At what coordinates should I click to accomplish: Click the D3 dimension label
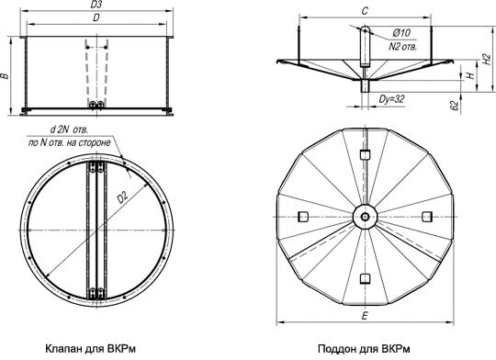(96, 5)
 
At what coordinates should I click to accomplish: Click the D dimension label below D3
(96, 18)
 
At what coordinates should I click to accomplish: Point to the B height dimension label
(5, 76)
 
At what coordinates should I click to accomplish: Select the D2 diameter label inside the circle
(122, 198)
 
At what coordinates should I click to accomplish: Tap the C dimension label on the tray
(365, 11)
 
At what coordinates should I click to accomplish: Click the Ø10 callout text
(401, 32)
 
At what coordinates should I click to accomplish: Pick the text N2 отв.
(402, 47)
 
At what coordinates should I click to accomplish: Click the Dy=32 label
(391, 99)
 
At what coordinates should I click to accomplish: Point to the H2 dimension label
(487, 59)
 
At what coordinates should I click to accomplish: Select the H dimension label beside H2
(471, 75)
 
